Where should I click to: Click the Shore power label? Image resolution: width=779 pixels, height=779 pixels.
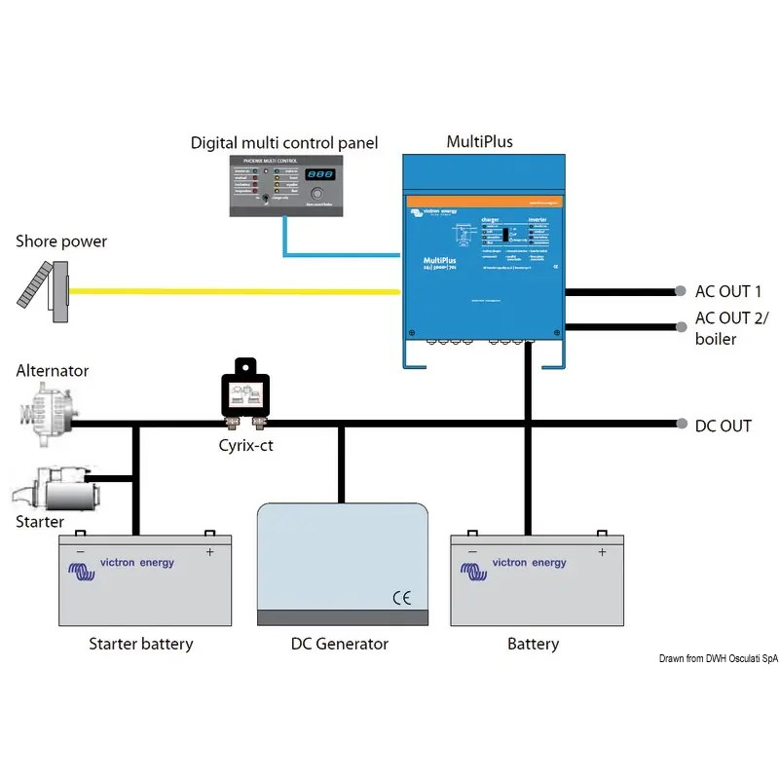60,241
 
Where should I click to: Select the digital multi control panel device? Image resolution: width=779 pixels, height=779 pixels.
283,185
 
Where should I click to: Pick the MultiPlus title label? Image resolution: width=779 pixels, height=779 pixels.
479,142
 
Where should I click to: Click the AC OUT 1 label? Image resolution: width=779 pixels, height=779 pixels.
728,291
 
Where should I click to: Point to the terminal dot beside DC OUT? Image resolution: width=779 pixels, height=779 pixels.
680,425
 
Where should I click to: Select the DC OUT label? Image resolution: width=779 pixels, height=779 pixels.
723,426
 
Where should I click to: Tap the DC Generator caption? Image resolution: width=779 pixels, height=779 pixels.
340,644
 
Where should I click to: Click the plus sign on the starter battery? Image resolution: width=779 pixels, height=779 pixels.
209,552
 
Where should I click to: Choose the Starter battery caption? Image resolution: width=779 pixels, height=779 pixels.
141,644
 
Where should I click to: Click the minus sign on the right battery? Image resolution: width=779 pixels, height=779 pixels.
473,552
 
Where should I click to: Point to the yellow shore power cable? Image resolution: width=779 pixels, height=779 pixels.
234,290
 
